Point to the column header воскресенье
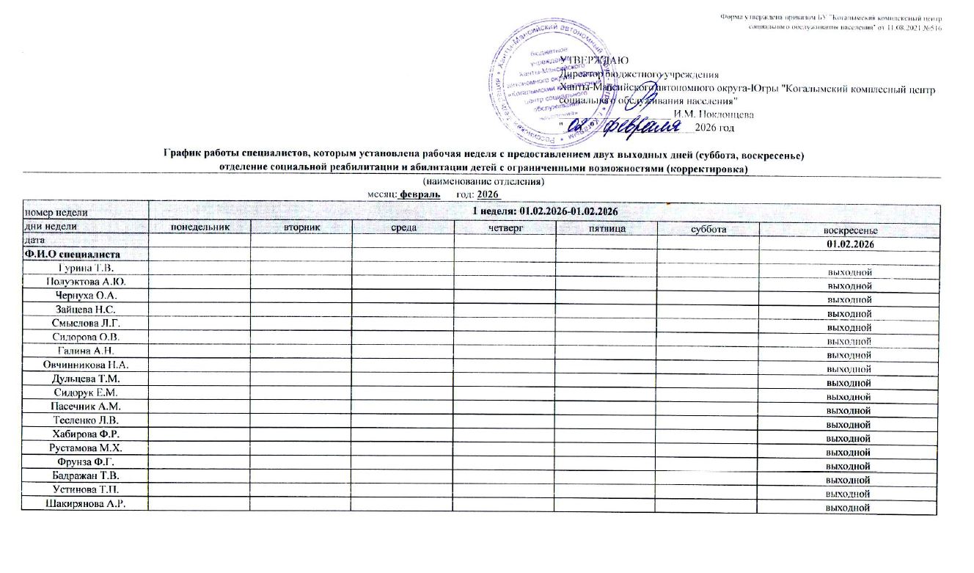coord(849,230)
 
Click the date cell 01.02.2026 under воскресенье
coord(849,244)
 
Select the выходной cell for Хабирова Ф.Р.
coord(849,439)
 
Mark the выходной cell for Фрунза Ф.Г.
coord(849,466)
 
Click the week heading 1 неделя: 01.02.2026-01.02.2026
coord(543,211)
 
